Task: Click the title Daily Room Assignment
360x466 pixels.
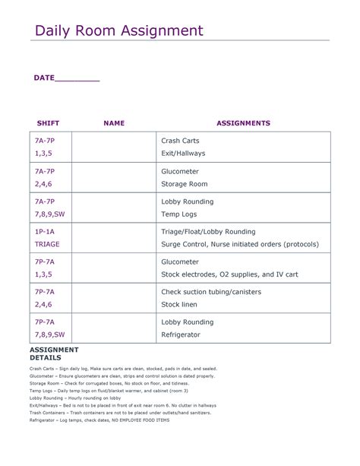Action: (119, 31)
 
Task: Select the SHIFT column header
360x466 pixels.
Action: (48, 123)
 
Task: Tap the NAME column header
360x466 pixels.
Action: (114, 123)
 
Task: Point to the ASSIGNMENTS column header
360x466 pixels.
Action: (243, 123)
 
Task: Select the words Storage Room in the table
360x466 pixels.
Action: (184, 184)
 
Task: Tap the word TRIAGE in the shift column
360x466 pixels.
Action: (47, 245)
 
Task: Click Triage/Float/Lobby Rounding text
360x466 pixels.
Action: (208, 231)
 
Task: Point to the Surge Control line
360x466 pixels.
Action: (240, 245)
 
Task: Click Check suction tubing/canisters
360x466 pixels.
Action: (211, 292)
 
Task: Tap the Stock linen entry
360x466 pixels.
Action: (179, 305)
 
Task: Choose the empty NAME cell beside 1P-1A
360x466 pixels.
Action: (114, 238)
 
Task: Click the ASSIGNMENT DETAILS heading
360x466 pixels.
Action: (54, 353)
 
